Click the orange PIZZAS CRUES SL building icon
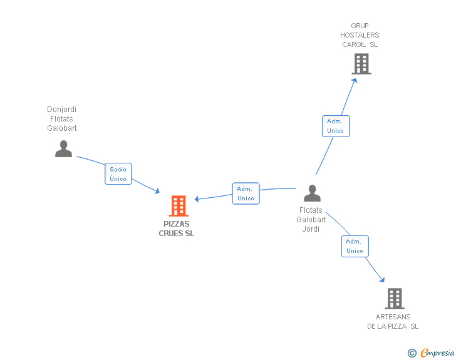click(x=179, y=205)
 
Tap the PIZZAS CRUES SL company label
click(x=177, y=229)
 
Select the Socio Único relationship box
click(x=118, y=173)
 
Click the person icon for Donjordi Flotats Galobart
click(x=63, y=148)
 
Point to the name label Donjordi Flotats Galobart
click(x=61, y=118)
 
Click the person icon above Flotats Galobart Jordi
click(x=312, y=193)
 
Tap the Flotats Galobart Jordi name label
click(x=311, y=220)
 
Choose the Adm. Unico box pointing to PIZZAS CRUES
click(x=246, y=193)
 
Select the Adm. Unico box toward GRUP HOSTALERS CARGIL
click(x=336, y=126)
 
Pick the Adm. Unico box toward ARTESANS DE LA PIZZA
click(x=355, y=246)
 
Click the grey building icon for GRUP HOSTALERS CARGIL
click(x=361, y=64)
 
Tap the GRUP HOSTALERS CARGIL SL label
click(x=360, y=35)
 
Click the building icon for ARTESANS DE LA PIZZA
click(x=395, y=299)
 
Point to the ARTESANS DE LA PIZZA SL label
click(x=393, y=322)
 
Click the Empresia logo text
click(x=437, y=352)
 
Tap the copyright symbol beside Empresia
click(x=412, y=353)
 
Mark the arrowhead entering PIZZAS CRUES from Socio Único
click(x=157, y=191)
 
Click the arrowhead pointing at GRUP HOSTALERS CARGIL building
click(x=355, y=81)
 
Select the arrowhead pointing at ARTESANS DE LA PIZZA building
click(x=382, y=279)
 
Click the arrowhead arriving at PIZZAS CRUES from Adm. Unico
click(x=197, y=199)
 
